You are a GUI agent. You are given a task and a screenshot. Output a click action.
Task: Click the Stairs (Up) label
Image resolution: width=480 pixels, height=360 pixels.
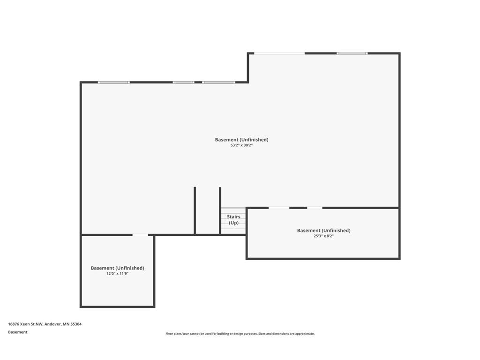pos(233,220)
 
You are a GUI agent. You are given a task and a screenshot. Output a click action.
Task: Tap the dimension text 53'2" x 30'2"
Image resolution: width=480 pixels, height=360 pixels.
pos(241,145)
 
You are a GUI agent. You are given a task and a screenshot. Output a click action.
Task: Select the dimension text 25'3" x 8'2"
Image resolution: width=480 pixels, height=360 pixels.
pos(323,236)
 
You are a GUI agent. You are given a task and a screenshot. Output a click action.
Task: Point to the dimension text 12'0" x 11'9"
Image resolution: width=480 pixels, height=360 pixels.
pos(117,274)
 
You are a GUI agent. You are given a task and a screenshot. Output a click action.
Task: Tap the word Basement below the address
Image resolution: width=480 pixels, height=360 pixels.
pos(18,332)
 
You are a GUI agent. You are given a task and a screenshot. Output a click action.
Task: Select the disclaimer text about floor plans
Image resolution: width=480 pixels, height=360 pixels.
pos(240,334)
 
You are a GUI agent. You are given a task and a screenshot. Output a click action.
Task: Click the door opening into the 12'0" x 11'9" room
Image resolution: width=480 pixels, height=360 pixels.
pos(140,235)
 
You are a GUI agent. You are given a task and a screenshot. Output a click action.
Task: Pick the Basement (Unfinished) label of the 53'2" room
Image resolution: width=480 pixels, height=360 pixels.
pos(241,140)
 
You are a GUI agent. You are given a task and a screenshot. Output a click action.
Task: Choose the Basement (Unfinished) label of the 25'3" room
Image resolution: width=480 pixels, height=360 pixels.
pos(323,231)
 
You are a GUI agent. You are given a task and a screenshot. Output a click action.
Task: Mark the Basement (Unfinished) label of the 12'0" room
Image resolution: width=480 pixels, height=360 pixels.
pos(117,268)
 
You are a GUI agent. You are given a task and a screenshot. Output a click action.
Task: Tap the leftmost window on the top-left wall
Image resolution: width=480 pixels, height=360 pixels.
pos(113,82)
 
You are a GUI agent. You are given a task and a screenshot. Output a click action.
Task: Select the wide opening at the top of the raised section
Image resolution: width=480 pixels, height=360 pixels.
pos(279,53)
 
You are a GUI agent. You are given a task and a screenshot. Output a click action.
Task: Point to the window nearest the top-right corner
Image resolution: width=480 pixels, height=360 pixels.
pos(352,53)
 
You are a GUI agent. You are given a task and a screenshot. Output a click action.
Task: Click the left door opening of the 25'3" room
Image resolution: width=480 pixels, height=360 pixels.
pos(279,208)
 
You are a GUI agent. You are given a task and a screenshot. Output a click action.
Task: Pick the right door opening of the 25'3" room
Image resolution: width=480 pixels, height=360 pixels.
pos(315,208)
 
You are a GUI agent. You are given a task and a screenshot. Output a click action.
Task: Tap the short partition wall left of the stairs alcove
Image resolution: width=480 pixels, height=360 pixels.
pos(195,210)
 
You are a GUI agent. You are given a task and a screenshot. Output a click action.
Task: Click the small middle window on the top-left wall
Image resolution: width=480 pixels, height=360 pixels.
pos(183,82)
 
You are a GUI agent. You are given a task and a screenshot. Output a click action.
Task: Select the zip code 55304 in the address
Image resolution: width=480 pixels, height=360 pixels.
pos(76,324)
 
